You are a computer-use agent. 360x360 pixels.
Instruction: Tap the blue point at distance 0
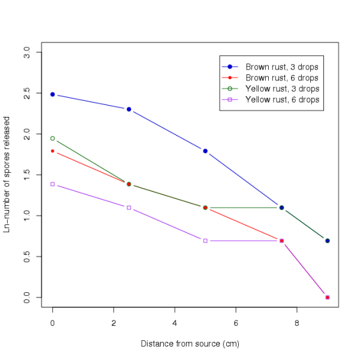[x=53, y=95]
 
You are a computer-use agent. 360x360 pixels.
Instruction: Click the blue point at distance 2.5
[x=129, y=109]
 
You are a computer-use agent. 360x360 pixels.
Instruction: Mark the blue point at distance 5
[x=205, y=151]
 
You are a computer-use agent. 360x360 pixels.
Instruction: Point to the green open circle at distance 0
[x=53, y=139]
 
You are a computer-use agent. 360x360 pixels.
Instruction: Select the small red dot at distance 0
[x=53, y=151]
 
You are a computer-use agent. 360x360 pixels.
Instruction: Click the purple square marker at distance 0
[x=53, y=184]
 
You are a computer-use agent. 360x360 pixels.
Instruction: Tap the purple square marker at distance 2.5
[x=129, y=208]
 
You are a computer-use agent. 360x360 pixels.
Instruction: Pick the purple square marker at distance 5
[x=205, y=241]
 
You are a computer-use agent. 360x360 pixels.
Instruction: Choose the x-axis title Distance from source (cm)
[x=190, y=344]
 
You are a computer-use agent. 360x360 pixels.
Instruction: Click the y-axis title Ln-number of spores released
[x=8, y=175]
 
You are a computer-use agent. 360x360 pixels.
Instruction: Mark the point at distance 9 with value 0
[x=327, y=298]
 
